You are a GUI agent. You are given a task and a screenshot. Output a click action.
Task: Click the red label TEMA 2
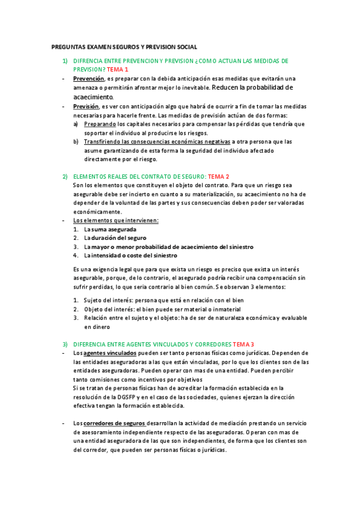tap(219, 177)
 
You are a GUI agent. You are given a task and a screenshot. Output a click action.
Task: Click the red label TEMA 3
tap(243, 344)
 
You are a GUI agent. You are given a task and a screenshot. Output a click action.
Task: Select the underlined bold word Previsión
tap(86, 106)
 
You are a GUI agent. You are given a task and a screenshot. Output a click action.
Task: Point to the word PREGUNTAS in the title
tap(69, 47)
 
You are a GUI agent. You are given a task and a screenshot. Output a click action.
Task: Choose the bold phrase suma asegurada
tap(114, 230)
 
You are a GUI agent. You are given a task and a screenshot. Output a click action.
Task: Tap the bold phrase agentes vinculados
tap(110, 353)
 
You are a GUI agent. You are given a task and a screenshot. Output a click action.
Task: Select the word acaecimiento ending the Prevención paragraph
tap(93, 96)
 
